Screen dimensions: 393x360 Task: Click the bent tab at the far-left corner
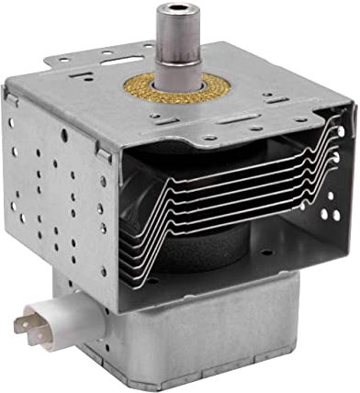(11, 92)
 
